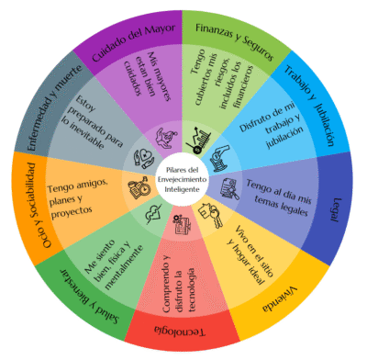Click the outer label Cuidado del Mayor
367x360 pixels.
(134, 42)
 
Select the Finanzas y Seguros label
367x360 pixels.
(234, 40)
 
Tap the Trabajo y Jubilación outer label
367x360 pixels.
(309, 106)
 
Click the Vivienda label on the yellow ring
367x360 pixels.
(280, 299)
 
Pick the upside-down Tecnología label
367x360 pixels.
(180, 331)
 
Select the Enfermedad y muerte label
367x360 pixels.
(54, 107)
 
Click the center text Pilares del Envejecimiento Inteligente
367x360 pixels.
(182, 179)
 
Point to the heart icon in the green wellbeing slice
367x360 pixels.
(154, 213)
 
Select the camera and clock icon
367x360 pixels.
(139, 187)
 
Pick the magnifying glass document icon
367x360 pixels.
(229, 189)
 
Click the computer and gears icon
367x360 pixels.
(182, 224)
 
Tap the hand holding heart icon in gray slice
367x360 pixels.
(143, 159)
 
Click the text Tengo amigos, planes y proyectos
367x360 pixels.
(78, 197)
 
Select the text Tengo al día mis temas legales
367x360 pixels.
(280, 197)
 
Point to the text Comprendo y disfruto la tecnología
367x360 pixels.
(179, 283)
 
